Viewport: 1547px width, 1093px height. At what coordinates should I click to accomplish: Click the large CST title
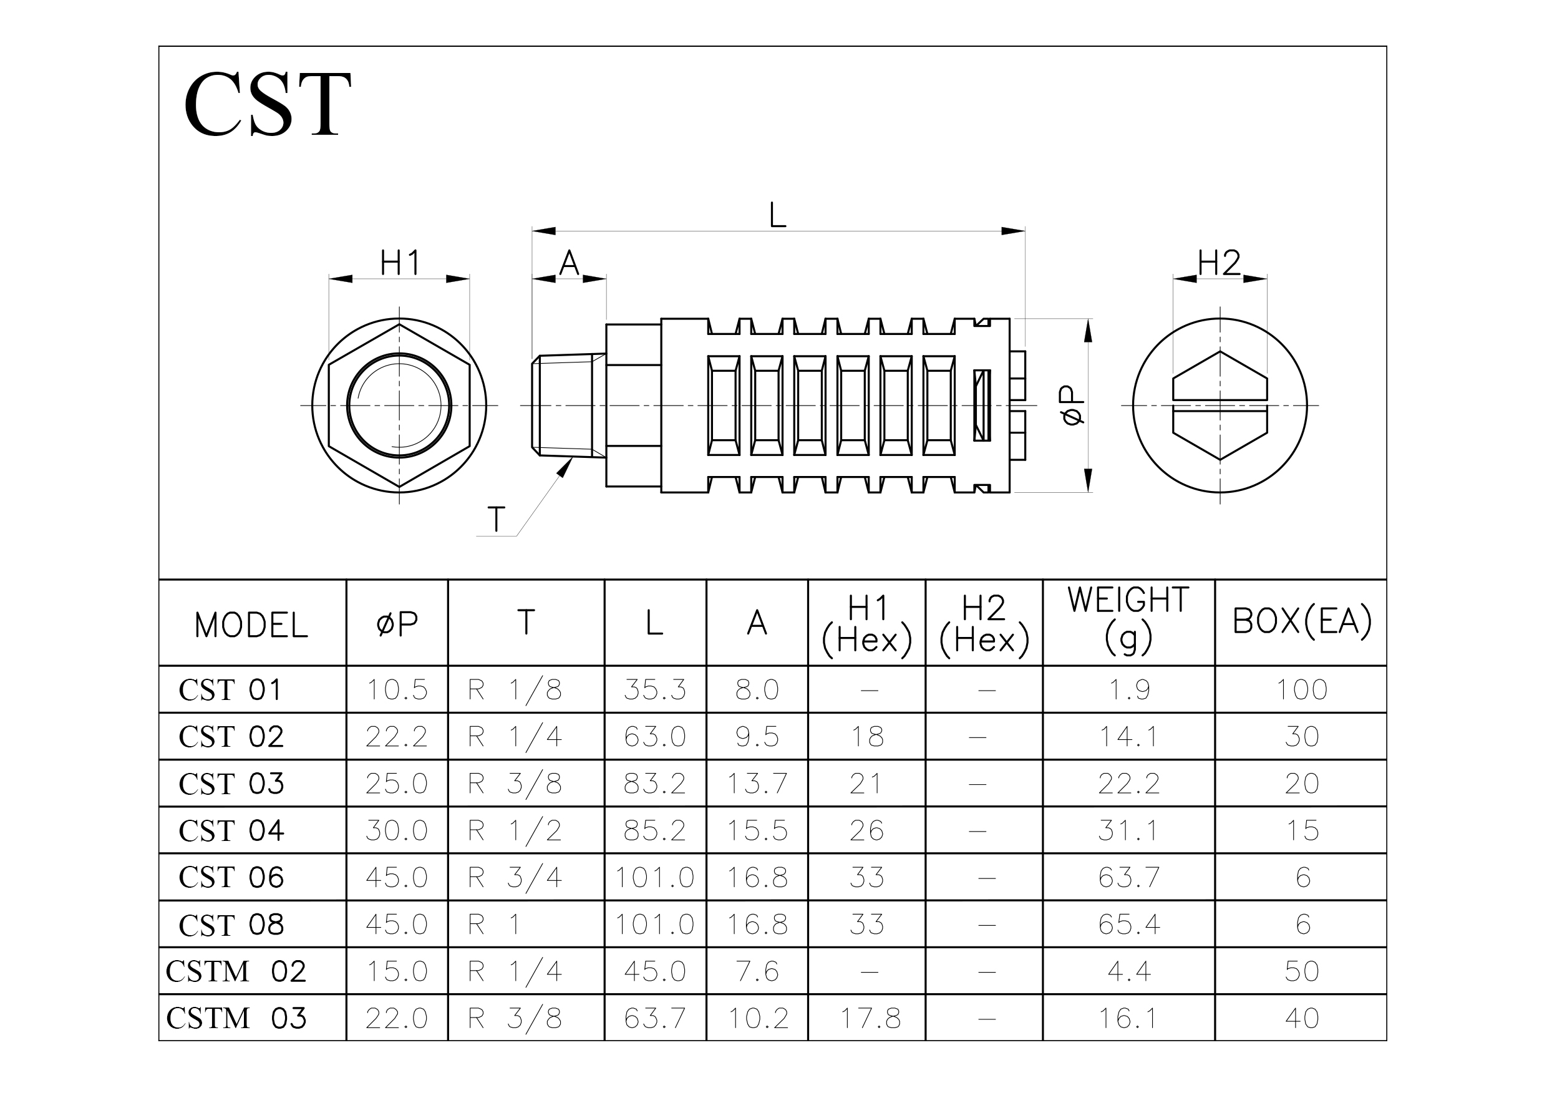pos(267,104)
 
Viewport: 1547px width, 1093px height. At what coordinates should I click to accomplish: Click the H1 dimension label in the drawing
pos(400,263)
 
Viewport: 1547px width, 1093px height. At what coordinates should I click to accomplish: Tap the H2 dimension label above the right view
pos(1219,263)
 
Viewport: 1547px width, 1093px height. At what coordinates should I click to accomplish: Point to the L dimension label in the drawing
pos(777,216)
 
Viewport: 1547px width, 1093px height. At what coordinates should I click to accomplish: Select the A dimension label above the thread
pos(570,263)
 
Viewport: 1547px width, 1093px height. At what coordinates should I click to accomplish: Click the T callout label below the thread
pos(496,519)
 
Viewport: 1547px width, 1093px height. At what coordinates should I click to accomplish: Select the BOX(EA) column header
pos(1301,621)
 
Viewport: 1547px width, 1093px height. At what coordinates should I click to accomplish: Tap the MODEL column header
pos(251,625)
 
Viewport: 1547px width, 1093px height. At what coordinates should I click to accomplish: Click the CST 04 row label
pos(231,830)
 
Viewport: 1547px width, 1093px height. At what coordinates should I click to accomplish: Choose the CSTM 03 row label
pos(236,1018)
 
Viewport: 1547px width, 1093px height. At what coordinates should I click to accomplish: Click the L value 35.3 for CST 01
pos(654,689)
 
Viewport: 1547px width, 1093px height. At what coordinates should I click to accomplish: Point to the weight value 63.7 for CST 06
pos(1128,877)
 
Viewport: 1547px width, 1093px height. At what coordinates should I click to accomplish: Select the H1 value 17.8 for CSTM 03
pos(870,1018)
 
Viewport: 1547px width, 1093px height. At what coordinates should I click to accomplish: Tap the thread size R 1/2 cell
pos(515,830)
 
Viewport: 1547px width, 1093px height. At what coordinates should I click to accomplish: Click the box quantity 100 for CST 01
pos(1301,689)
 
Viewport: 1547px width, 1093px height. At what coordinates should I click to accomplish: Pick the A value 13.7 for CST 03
pos(757,784)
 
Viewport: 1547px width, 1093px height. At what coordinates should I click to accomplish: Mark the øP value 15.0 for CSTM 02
pos(397,971)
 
